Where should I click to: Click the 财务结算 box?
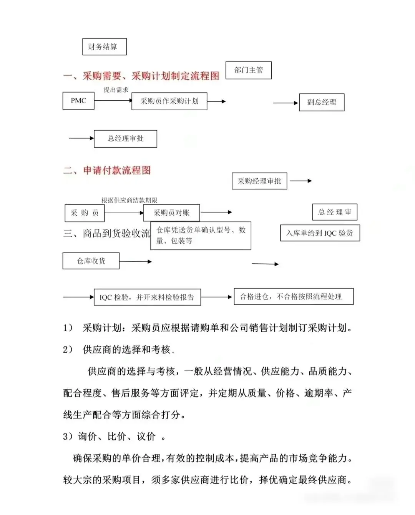pos(104,47)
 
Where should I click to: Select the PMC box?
pos(78,101)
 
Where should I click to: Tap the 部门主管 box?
pos(248,70)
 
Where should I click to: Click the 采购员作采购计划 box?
pos(169,101)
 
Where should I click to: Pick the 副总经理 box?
pos(322,102)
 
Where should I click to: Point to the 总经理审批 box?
pos(125,139)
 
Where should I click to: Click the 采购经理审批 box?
pos(259,181)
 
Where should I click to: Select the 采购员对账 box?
pos(171,213)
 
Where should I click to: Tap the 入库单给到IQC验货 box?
pos(320,233)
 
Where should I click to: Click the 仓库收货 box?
pos(91,261)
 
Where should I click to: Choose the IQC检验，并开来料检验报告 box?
pos(147,297)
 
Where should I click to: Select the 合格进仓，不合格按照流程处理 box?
pos(294,297)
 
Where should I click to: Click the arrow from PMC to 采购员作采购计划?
pos(113,101)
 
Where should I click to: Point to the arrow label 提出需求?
pos(116,90)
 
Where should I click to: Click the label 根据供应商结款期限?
pos(129,200)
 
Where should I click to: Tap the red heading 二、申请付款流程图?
pos(107,170)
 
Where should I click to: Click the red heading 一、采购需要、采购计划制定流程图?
pos(141,76)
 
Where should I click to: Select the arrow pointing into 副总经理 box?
pos(286,103)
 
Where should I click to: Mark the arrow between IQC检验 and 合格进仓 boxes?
pos(217,297)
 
